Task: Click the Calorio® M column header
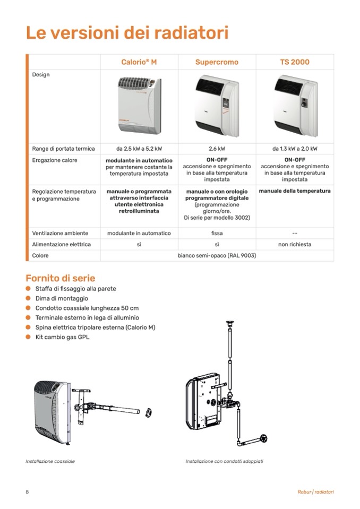point(139,62)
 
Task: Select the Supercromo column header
point(217,62)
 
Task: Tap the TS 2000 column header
point(295,62)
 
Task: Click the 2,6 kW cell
point(217,149)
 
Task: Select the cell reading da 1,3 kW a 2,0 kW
point(295,149)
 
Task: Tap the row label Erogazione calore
point(55,160)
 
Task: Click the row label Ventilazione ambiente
point(60,233)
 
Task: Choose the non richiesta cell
point(295,245)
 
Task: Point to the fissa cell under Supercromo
point(217,233)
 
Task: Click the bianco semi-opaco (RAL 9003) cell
point(217,256)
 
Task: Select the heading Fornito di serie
point(61,278)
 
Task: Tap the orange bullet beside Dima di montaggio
point(28,298)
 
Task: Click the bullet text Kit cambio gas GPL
point(63,337)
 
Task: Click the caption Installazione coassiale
point(50,461)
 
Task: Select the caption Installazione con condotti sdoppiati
point(224,461)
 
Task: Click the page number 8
point(27,492)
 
